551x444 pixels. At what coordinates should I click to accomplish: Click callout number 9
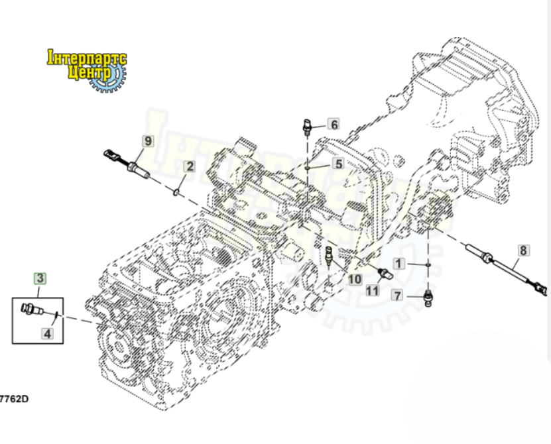[x=147, y=140]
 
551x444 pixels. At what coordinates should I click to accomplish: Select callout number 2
[x=189, y=166]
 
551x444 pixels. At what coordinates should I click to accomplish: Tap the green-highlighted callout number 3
[x=40, y=278]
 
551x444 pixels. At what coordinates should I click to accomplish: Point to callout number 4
[x=47, y=334]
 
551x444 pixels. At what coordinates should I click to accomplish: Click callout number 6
[x=334, y=124]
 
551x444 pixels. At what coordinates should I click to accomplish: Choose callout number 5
[x=338, y=164]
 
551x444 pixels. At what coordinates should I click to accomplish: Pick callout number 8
[x=523, y=250]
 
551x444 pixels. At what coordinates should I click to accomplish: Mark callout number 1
[x=398, y=263]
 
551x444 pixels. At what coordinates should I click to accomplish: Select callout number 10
[x=355, y=279]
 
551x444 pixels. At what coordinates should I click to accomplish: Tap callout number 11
[x=372, y=290]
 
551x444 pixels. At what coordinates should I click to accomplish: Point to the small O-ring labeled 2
[x=175, y=193]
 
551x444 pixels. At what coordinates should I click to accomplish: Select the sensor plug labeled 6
[x=307, y=127]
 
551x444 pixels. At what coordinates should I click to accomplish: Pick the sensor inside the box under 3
[x=34, y=309]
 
